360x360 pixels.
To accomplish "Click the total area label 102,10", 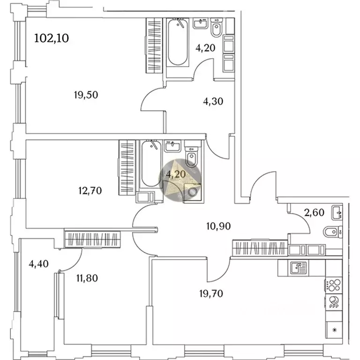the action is point(52,38).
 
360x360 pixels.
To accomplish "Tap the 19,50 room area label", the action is point(86,95).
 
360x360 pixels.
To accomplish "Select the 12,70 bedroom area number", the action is point(90,191).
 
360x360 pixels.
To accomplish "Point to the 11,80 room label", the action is point(87,278).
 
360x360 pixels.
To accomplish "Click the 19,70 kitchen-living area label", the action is point(211,293).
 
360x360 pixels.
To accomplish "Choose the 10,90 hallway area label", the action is point(218,226).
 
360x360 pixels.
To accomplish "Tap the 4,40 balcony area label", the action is point(38,264).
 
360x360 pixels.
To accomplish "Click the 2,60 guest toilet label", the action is point(314,213).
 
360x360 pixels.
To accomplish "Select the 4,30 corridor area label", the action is point(213,101).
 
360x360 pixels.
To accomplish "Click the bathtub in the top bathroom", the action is point(178,42).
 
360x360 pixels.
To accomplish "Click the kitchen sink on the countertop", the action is point(298,268).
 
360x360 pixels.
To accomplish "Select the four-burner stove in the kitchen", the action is point(334,285).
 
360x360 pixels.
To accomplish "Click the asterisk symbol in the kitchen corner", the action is point(335,330).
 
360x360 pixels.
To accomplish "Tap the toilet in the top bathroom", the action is point(217,28).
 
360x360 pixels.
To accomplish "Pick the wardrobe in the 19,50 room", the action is point(154,45).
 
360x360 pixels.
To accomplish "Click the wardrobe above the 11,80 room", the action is point(92,239).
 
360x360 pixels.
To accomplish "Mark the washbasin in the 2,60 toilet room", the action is point(337,213).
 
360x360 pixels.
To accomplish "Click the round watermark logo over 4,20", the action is point(180,180).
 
